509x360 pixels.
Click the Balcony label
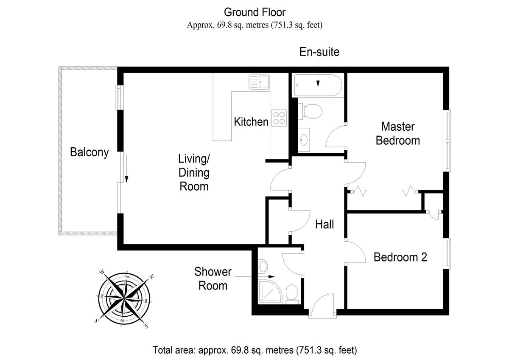[x=89, y=152]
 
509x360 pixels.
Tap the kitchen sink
[x=259, y=82]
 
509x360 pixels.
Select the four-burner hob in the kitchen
[x=279, y=118]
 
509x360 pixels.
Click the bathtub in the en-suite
[x=318, y=85]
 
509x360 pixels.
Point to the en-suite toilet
[x=310, y=111]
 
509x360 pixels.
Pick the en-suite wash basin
[x=304, y=140]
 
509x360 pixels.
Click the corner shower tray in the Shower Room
[x=270, y=292]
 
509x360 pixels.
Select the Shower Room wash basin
[x=263, y=266]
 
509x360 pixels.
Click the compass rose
[x=124, y=298]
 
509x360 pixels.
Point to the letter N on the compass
[x=151, y=277]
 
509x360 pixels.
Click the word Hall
[x=324, y=225]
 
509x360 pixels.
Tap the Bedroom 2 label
[x=400, y=257]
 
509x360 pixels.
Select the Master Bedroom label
[x=398, y=133]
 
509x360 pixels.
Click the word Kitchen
[x=251, y=122]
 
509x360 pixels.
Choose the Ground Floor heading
[x=255, y=12]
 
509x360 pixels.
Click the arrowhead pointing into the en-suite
[x=318, y=84]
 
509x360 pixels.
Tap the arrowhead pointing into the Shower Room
[x=271, y=276]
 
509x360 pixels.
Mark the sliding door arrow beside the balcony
[x=126, y=169]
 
